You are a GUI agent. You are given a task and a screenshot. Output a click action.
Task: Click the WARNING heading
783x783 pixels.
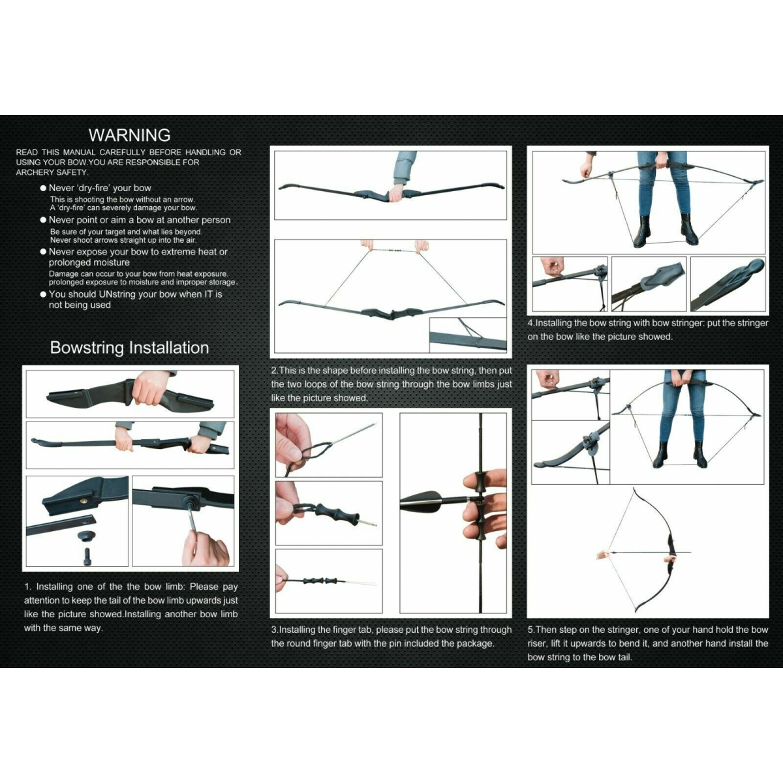coord(129,135)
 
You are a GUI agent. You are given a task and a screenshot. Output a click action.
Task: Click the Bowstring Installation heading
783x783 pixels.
coord(129,348)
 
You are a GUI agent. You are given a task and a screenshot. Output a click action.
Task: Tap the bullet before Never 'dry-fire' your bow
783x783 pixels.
coord(43,188)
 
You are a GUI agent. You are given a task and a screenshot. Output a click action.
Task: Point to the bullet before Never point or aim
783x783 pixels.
coord(43,220)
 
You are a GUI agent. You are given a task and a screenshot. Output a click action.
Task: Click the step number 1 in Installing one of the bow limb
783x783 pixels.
coord(27,587)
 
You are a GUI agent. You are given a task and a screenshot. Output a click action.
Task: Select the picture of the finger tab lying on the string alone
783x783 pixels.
coord(328,580)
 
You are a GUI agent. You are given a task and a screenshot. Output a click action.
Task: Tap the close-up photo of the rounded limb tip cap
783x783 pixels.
coord(727,283)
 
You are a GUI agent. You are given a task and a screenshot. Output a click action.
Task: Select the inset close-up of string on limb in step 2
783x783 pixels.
coord(467,334)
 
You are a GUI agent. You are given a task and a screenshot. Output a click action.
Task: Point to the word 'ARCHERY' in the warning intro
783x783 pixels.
coord(34,172)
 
